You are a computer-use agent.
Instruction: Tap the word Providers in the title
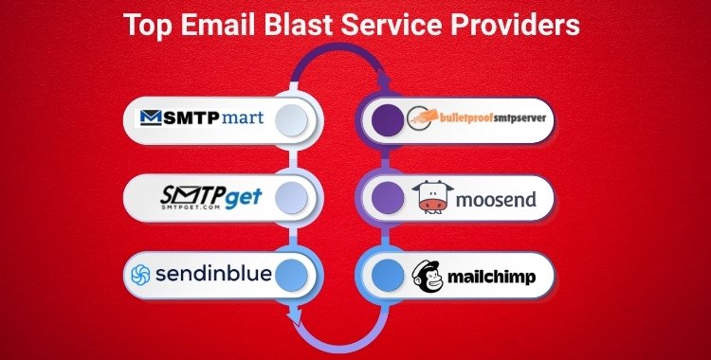tap(517, 25)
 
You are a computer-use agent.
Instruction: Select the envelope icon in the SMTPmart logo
tap(152, 118)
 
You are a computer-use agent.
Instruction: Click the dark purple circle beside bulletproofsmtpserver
tap(385, 119)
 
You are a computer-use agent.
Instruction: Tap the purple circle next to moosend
tap(385, 197)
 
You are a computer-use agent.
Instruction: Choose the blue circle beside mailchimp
tap(385, 276)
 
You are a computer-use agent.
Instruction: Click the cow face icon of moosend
tap(432, 197)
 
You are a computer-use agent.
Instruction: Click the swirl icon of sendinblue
tap(141, 276)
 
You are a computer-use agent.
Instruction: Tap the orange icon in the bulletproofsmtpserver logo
tap(421, 119)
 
